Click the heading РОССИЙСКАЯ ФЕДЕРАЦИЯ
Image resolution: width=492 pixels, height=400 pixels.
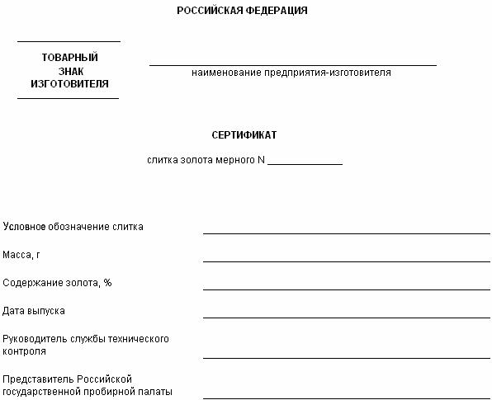243,12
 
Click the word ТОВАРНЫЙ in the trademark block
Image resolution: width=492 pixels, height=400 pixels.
70,57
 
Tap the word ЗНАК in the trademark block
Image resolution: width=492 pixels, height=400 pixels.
70,70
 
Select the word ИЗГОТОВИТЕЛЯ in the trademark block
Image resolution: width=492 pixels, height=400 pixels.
70,83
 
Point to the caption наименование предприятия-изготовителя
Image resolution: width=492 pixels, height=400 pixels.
291,73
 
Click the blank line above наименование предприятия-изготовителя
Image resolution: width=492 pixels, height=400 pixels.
292,64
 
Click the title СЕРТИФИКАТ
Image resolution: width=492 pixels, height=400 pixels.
244,134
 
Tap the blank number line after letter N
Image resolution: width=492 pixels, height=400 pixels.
305,163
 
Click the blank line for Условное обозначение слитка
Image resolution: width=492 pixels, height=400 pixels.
346,233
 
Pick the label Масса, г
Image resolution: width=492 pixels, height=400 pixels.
21,255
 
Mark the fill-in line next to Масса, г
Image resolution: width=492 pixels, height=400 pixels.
346,261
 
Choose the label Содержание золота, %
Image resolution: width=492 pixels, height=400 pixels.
57,283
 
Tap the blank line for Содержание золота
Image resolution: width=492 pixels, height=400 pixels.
346,289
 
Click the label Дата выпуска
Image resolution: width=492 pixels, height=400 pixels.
34,311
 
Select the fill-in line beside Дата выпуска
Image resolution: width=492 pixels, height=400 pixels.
346,317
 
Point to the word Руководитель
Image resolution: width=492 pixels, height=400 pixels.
33,339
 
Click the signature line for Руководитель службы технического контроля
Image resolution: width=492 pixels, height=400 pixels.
346,357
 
